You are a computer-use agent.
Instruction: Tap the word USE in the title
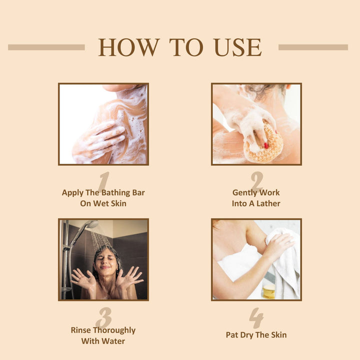coord(238,47)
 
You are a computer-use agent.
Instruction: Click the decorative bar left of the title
coord(46,47)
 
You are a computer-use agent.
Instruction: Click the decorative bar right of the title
coord(313,47)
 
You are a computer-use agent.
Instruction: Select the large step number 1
coord(104,181)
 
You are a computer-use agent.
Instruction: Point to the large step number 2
coord(256,181)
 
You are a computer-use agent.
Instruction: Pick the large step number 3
coord(104,318)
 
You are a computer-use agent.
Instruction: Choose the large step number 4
coord(256,318)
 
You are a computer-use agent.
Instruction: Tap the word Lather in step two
coord(268,203)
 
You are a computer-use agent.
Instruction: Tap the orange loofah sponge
coord(264,143)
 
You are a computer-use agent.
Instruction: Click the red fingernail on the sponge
coord(266,145)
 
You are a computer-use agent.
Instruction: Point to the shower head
coord(92,224)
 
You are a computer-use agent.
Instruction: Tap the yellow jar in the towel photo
coord(269,291)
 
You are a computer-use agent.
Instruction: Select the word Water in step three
coord(113,341)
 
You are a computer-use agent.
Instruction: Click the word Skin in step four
coord(278,335)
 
